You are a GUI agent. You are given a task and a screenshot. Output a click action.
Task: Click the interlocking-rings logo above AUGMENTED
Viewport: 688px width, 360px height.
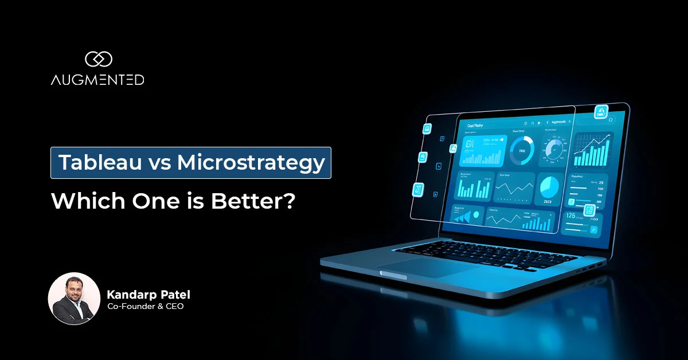click(x=97, y=58)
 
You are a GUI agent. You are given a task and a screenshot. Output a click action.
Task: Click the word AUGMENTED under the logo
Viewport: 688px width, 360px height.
click(x=97, y=80)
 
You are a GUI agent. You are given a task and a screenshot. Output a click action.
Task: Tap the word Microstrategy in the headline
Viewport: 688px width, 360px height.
click(x=251, y=163)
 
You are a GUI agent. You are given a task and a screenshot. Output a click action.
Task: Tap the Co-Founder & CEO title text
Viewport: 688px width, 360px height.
click(x=146, y=307)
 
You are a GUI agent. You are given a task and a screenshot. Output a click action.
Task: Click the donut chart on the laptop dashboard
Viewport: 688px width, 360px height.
click(x=522, y=151)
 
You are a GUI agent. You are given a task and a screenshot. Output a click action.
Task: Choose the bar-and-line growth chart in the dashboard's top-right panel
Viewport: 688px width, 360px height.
click(x=594, y=150)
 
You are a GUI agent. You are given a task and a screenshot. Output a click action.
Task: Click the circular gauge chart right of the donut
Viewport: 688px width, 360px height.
click(x=556, y=151)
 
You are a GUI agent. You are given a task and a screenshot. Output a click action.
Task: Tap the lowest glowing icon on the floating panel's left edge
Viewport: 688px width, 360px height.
click(x=418, y=189)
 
